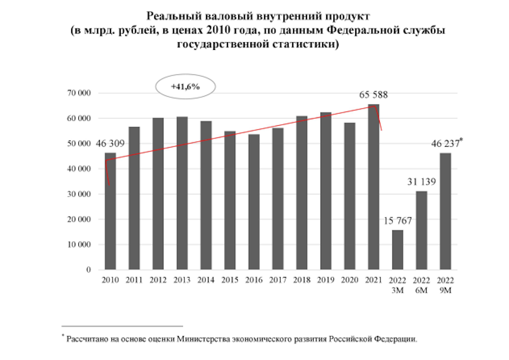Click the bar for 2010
coord(110,211)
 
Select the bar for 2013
coord(182,193)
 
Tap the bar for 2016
coord(254,202)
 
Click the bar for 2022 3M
coord(398,250)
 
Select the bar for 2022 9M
coord(445,211)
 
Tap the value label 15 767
coord(397,221)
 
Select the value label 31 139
coord(421,181)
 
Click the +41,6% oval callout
coord(186,87)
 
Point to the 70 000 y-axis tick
coord(78,94)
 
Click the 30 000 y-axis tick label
coord(78,195)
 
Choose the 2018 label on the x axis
coord(302,280)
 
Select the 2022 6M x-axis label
coord(421,285)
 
